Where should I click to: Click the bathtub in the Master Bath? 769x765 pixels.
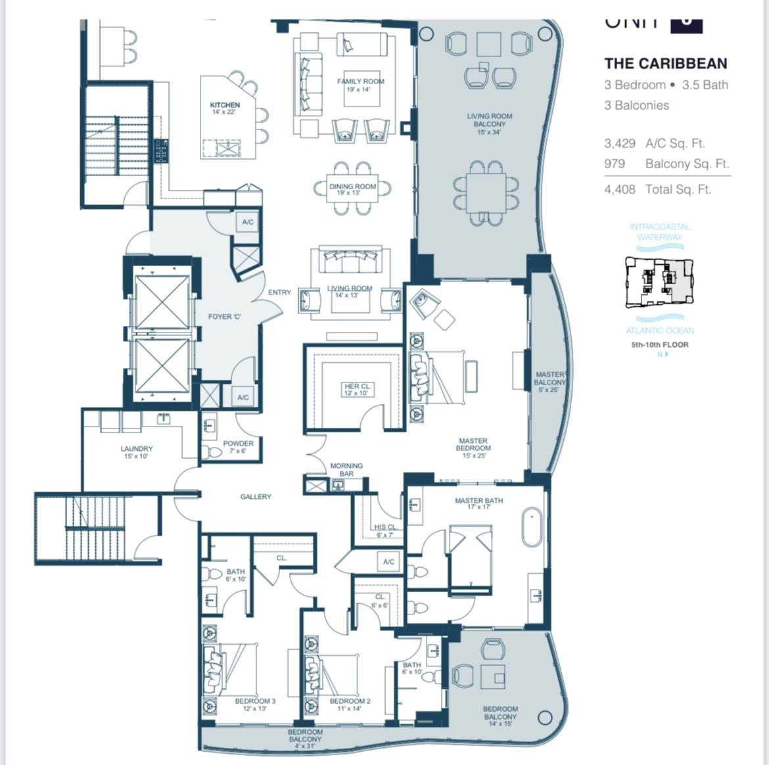[532, 526]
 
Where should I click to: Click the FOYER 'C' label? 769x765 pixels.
[225, 317]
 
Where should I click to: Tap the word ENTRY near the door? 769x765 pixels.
[279, 292]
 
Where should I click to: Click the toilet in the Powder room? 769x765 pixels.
[213, 453]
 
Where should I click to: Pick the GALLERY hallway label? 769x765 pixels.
[256, 497]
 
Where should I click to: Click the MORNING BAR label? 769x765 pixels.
[346, 469]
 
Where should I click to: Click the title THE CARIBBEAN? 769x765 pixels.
[665, 64]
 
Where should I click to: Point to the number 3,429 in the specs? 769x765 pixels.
[619, 143]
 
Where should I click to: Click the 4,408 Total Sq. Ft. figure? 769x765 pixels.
[619, 189]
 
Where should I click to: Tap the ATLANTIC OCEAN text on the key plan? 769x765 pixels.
[659, 331]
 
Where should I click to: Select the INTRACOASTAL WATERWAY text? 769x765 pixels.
[659, 231]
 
